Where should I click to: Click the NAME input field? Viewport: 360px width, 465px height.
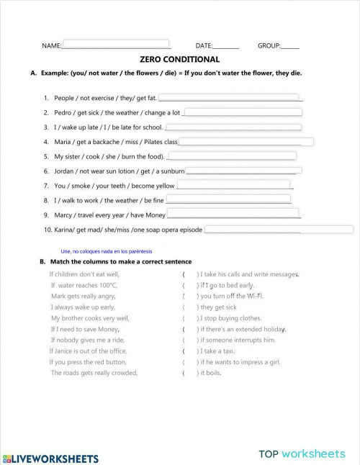pyautogui.click(x=115, y=44)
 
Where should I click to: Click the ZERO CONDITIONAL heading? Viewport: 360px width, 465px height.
pyautogui.click(x=180, y=59)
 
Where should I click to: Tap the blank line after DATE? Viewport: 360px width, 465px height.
pyautogui.click(x=226, y=46)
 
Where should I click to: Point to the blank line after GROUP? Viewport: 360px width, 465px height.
pyautogui.click(x=289, y=46)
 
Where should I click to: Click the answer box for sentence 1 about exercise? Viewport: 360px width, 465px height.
pyautogui.click(x=228, y=96)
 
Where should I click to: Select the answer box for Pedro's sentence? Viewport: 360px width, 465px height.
pyautogui.click(x=243, y=112)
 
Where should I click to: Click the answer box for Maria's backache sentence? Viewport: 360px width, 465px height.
pyautogui.click(x=246, y=141)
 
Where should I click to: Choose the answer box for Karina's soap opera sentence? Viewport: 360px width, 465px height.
pyautogui.click(x=279, y=230)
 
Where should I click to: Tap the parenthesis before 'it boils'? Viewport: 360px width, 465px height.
pyautogui.click(x=184, y=373)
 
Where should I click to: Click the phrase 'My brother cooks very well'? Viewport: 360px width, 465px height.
pyautogui.click(x=90, y=317)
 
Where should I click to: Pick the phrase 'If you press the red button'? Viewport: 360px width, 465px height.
pyautogui.click(x=89, y=361)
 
